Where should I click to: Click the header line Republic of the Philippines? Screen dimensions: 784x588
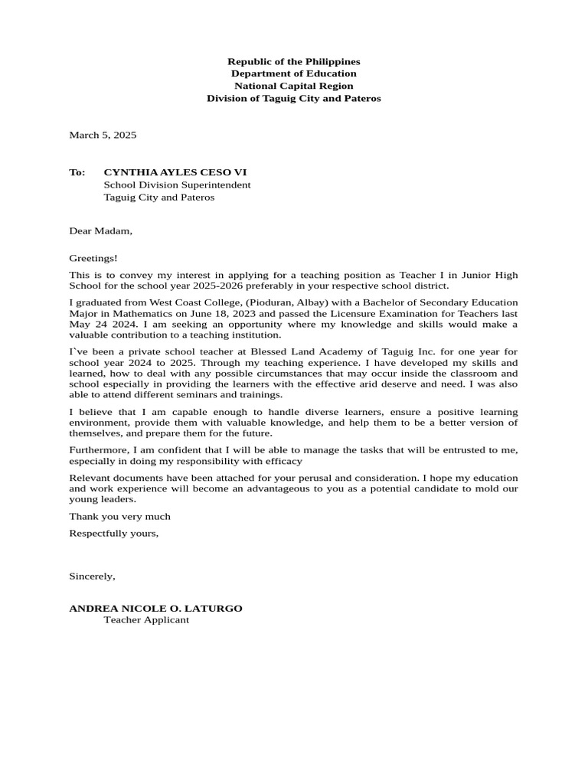(x=293, y=61)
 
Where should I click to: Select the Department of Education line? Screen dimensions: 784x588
(x=293, y=73)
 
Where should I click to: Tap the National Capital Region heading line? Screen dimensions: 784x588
(x=293, y=86)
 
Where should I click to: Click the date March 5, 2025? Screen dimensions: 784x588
(x=103, y=135)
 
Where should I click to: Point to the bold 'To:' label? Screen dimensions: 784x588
(x=77, y=172)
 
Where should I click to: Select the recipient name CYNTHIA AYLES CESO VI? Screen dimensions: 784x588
(x=175, y=172)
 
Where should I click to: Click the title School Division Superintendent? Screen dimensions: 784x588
(x=177, y=185)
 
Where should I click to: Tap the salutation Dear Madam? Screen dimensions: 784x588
(x=100, y=230)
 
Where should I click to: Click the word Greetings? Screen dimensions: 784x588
(x=93, y=259)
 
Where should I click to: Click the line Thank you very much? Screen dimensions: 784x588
(x=119, y=516)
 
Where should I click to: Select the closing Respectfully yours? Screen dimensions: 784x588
(x=113, y=533)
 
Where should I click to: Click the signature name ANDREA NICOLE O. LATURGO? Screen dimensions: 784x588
(x=155, y=608)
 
